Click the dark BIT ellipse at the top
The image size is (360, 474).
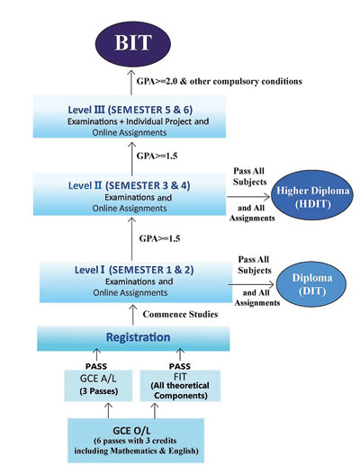click(x=133, y=42)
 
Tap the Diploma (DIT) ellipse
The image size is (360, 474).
click(x=312, y=284)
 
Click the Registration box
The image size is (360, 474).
click(x=133, y=338)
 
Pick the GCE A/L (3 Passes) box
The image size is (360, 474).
click(x=98, y=386)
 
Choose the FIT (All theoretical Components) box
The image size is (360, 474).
click(x=180, y=386)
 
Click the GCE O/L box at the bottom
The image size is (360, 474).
click(x=136, y=441)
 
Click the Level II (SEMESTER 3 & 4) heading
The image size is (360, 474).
click(x=130, y=185)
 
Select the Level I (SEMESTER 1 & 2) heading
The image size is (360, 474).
click(x=134, y=269)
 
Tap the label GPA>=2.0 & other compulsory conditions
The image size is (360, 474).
click(x=220, y=81)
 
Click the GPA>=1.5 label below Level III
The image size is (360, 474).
click(x=157, y=156)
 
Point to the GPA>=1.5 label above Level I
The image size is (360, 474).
click(x=159, y=238)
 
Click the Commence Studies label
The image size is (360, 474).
click(x=180, y=315)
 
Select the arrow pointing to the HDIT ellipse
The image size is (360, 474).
click(x=248, y=197)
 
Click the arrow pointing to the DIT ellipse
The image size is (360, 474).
click(x=251, y=284)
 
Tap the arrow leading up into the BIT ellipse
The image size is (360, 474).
click(x=131, y=82)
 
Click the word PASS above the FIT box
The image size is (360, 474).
click(x=180, y=366)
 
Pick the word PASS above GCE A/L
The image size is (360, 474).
click(x=96, y=366)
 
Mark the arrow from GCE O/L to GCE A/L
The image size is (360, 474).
click(x=108, y=410)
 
